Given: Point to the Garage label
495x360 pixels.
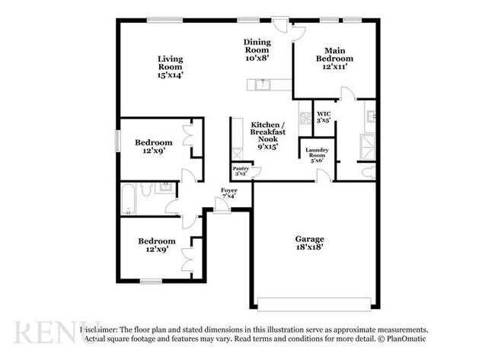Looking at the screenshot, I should pos(310,238).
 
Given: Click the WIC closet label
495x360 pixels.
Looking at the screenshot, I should pos(324,113).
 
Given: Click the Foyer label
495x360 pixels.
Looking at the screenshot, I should pos(229,190).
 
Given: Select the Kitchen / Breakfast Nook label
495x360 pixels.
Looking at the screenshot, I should pos(268,132).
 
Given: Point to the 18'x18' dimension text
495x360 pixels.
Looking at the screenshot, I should pos(310,247).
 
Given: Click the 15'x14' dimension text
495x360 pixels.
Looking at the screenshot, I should pos(171,75).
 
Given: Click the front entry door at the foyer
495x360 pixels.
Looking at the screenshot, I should pos(222,208).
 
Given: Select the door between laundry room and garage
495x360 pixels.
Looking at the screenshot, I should pos(323,177).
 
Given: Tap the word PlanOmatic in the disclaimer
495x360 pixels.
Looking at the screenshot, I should pos(404,338).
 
